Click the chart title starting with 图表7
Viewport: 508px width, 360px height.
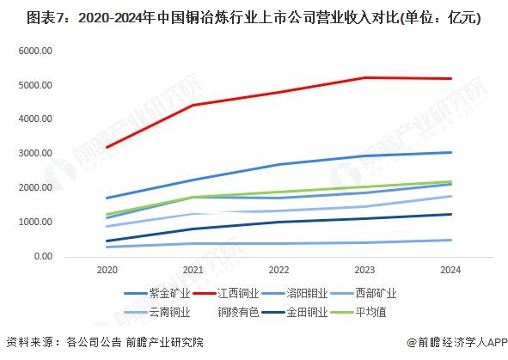click(x=254, y=17)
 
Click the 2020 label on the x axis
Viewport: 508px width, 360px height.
click(x=107, y=271)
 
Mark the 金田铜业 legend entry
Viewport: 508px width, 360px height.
click(x=295, y=312)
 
